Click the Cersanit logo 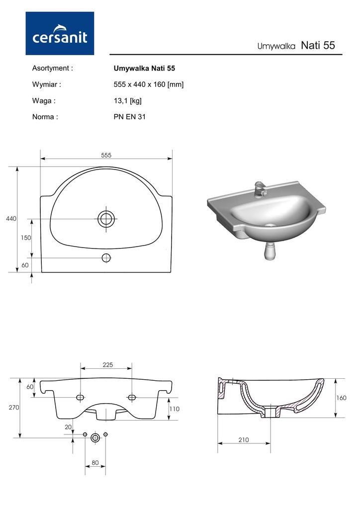point(60,33)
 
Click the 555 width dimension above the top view point(106,155)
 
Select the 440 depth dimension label point(11,219)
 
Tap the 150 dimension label point(26,238)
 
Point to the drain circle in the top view point(106,219)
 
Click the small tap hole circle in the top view point(106,258)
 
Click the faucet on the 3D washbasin point(260,189)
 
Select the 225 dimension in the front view point(108,365)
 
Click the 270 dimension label point(14,408)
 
